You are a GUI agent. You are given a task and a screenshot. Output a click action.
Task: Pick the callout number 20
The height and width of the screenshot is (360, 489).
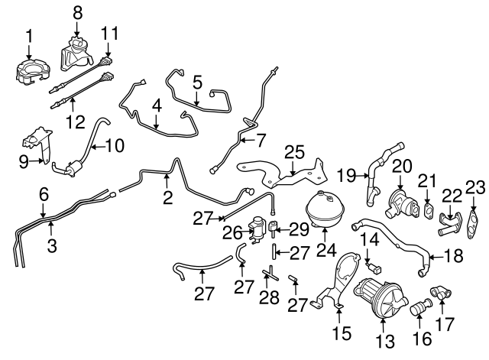coord(403,167)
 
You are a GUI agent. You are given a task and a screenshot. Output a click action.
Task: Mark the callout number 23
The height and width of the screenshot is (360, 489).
coord(475,187)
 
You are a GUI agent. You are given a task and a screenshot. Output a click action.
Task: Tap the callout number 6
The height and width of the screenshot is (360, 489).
coord(43,194)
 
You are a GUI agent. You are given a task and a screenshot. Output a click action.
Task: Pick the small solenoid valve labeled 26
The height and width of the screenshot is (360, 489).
coord(260,228)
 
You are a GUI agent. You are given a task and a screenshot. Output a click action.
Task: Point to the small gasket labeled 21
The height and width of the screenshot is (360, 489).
coord(428,209)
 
